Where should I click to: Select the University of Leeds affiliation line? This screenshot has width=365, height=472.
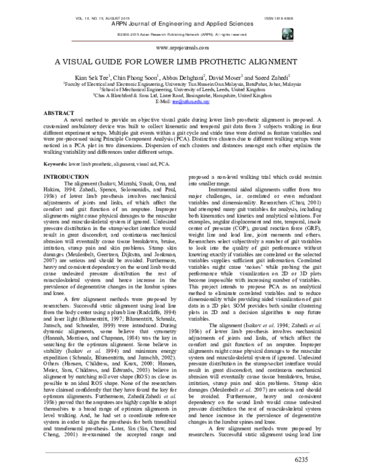tap(182, 89)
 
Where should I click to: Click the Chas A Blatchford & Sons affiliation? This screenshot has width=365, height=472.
tap(182, 95)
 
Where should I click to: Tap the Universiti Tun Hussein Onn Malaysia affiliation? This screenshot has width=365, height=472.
tap(182, 85)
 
